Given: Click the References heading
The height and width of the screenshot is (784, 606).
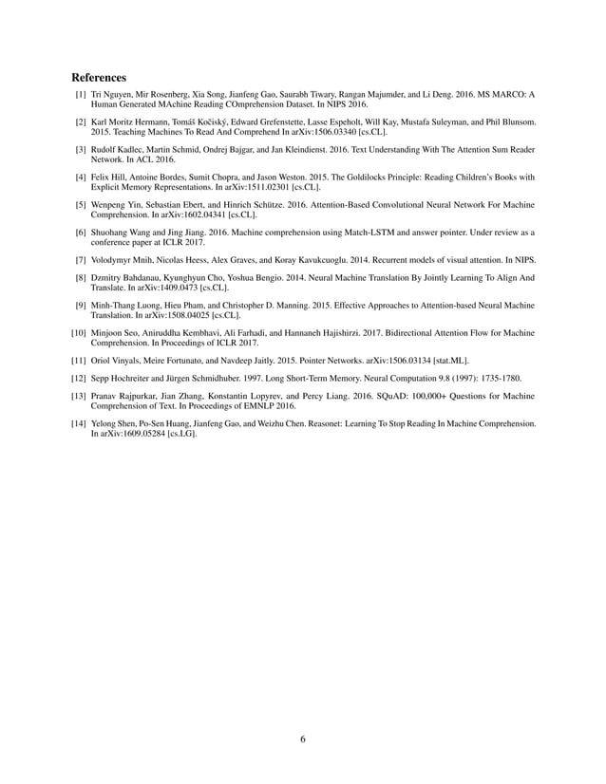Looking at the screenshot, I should coord(99,76).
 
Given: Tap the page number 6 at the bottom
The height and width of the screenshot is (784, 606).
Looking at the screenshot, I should coord(302,740).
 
